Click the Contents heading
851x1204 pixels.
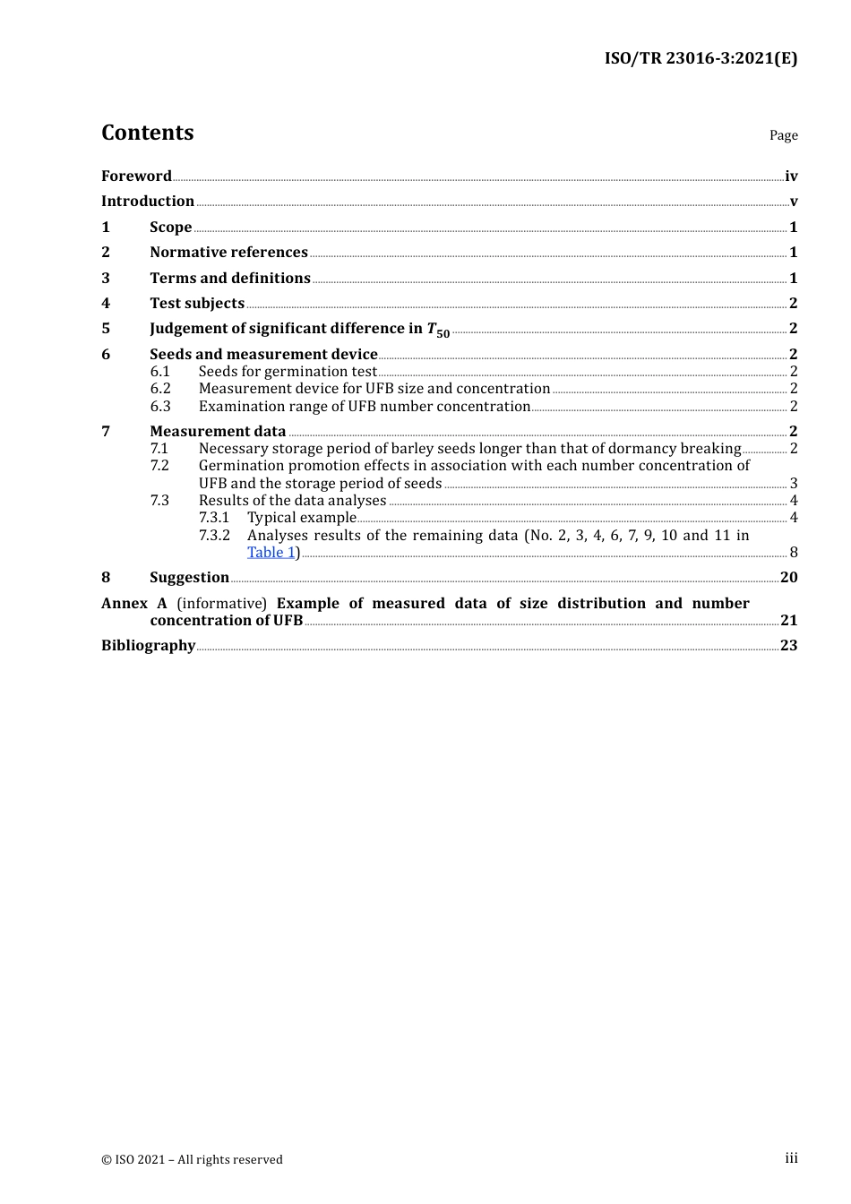click(147, 133)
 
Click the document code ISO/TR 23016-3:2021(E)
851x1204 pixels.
click(701, 59)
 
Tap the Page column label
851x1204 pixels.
click(783, 135)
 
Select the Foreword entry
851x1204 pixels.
click(136, 176)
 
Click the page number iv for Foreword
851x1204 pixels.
click(791, 176)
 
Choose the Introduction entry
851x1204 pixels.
click(148, 202)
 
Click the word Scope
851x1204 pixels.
click(170, 228)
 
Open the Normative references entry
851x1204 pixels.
click(228, 253)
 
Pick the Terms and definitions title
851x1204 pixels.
click(229, 279)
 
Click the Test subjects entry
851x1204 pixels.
click(197, 304)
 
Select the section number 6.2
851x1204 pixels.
click(160, 389)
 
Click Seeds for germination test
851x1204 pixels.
click(288, 372)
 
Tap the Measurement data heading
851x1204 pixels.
click(218, 432)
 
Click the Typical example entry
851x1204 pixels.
click(301, 518)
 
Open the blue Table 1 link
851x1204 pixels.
click(271, 553)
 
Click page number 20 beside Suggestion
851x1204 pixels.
click(788, 578)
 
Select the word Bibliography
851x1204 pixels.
click(148, 646)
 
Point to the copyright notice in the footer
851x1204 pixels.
click(192, 1160)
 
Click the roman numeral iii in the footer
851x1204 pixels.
click(791, 1158)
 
